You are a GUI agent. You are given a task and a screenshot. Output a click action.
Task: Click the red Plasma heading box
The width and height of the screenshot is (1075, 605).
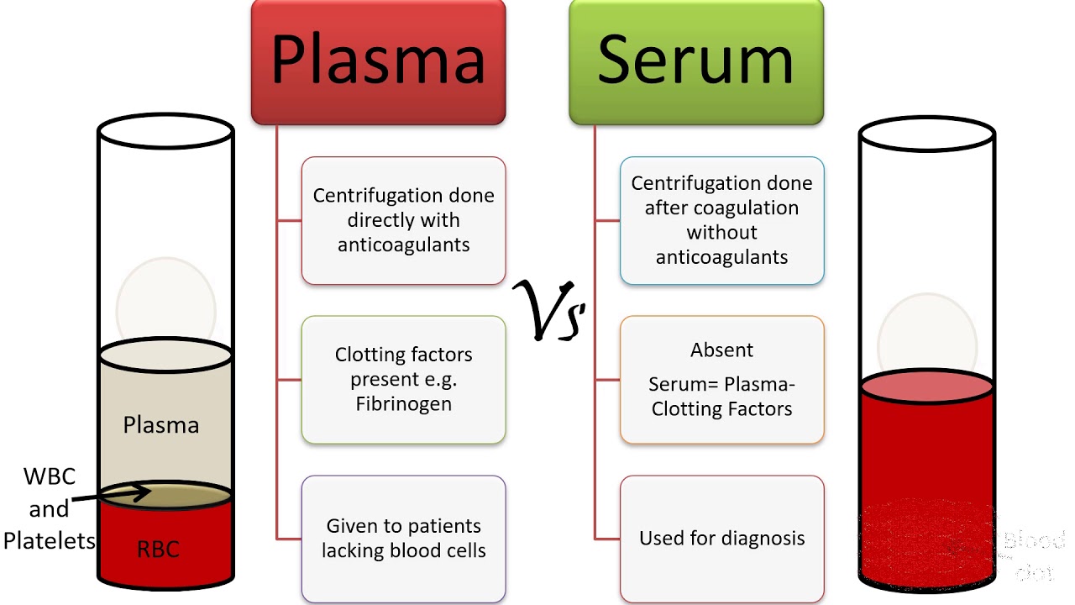click(x=378, y=60)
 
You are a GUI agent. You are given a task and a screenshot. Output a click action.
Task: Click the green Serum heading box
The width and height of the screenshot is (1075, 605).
click(x=695, y=60)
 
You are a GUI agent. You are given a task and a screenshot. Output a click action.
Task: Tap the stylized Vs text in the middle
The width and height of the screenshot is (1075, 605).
click(x=550, y=311)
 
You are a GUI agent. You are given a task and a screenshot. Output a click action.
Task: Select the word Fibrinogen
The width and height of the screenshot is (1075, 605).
click(x=403, y=404)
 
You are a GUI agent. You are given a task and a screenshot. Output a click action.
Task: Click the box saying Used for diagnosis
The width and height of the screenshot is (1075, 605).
click(x=721, y=538)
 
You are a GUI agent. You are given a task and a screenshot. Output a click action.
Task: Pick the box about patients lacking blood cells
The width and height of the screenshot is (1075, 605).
click(x=403, y=539)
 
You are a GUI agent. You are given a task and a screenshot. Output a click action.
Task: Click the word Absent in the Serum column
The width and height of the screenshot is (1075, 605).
click(x=721, y=350)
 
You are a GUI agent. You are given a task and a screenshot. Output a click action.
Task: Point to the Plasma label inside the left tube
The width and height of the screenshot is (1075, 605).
click(x=161, y=425)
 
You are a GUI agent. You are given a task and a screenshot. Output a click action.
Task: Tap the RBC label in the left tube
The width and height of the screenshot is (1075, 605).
click(x=158, y=550)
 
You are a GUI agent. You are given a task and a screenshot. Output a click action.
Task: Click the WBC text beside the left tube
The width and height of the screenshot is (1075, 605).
click(x=50, y=477)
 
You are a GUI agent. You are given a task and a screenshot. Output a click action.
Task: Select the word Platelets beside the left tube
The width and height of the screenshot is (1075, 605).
click(x=50, y=541)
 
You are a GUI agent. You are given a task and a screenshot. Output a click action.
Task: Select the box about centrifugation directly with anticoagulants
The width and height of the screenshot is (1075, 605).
click(x=403, y=220)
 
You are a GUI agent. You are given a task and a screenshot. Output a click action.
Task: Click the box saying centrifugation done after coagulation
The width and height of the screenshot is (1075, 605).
click(x=721, y=220)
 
